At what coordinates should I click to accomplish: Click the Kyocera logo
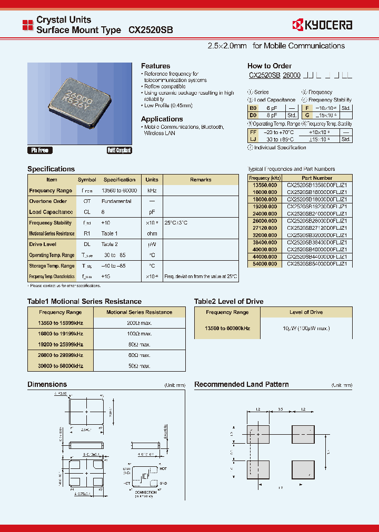pyautogui.click(x=322, y=25)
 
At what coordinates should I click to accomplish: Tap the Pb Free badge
pyautogui.click(x=40, y=150)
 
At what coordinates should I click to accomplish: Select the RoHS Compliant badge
pyautogui.click(x=119, y=150)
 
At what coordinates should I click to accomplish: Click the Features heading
pyautogui.click(x=155, y=66)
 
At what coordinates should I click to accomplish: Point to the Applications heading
pyautogui.click(x=162, y=119)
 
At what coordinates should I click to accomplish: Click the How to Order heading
pyautogui.click(x=269, y=66)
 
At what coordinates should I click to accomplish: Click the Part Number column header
pyautogui.click(x=316, y=178)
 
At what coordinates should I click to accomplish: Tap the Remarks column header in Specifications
pyautogui.click(x=201, y=180)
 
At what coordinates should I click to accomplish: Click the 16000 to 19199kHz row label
pyautogui.click(x=61, y=334)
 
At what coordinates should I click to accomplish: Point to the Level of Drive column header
pyautogui.click(x=306, y=312)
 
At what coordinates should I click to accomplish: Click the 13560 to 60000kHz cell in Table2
pyautogui.click(x=227, y=329)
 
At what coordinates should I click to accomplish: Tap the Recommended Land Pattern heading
pyautogui.click(x=241, y=384)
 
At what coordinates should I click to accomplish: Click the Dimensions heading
pyautogui.click(x=47, y=384)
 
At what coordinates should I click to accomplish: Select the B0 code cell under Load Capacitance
pyautogui.click(x=254, y=107)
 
